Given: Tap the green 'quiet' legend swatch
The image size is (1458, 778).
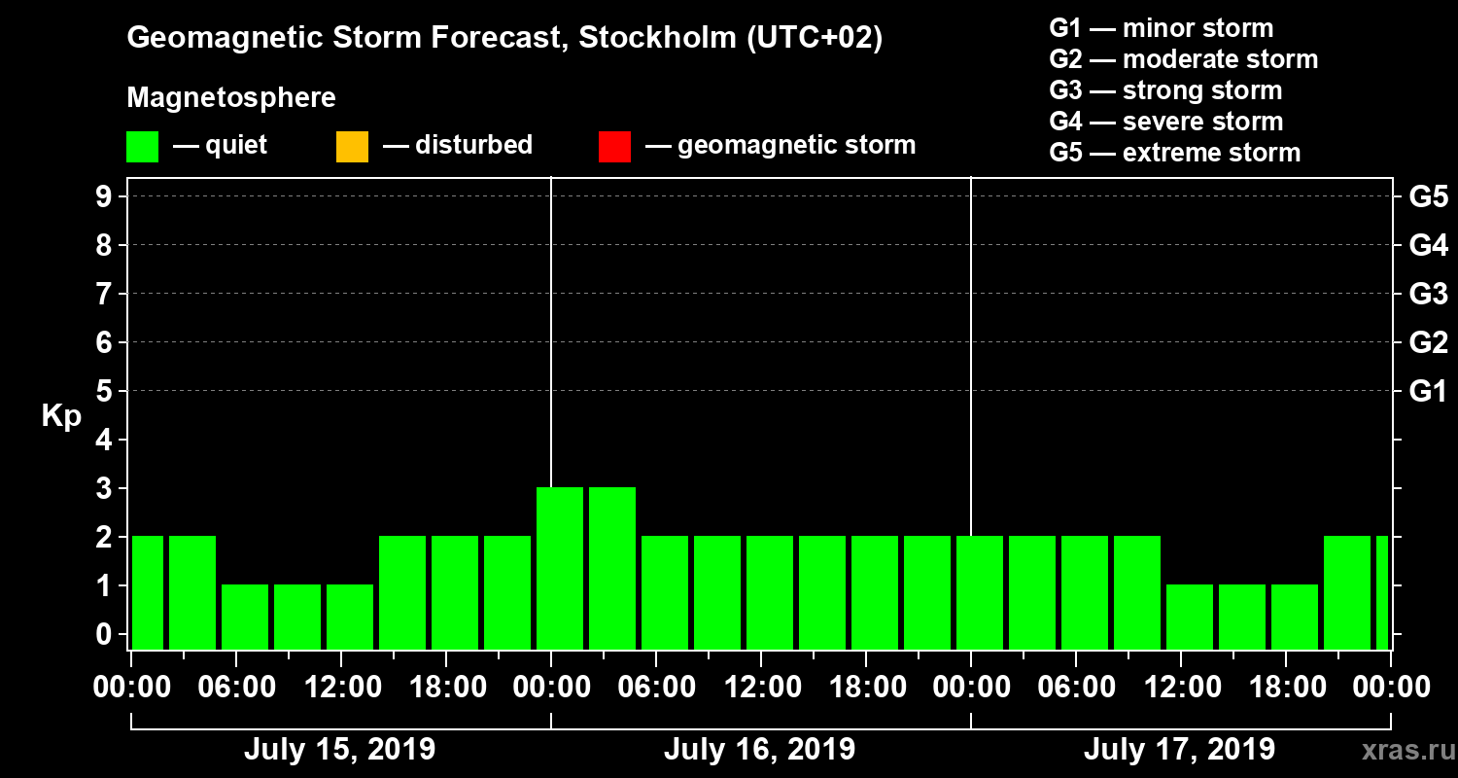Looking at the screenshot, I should coord(142,147).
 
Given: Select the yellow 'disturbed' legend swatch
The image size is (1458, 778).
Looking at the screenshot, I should coord(352,147).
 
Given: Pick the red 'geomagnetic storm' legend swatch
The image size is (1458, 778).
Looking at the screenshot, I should coord(614,147).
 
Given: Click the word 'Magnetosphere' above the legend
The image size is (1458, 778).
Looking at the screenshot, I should coord(231,98).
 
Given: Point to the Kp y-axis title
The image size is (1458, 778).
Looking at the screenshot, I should coord(61,416).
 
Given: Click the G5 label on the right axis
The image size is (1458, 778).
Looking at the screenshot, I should coord(1428,197).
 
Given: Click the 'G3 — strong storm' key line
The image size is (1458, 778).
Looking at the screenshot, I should coord(1165,90).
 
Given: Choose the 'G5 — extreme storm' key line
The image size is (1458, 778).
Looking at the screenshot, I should coord(1174,153).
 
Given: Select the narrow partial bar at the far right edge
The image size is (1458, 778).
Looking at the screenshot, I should coord(1382,592).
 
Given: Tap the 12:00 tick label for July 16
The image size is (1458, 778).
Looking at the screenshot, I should coord(762,688).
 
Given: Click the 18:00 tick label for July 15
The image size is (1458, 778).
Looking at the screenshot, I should coord(447,688).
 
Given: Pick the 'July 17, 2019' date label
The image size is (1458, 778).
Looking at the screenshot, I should coord(1179,750).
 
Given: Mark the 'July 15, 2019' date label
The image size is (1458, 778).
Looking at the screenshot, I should coord(339,750).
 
